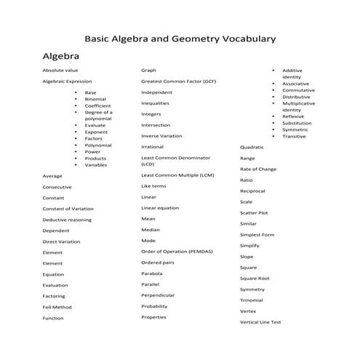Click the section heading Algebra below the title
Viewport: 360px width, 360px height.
click(x=61, y=55)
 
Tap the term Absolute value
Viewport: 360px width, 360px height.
click(x=60, y=71)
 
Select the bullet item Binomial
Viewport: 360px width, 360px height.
click(x=95, y=99)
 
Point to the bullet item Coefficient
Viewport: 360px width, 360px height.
click(x=98, y=105)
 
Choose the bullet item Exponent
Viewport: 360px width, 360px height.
click(x=96, y=132)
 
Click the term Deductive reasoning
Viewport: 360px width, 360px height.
click(x=67, y=220)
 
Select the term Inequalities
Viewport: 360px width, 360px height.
click(x=156, y=103)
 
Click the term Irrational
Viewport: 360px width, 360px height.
click(x=153, y=147)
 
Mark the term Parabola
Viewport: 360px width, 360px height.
click(x=152, y=273)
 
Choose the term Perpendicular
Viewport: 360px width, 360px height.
click(x=158, y=295)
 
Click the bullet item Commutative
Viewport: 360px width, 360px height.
click(x=298, y=90)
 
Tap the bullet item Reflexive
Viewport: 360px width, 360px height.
click(x=295, y=116)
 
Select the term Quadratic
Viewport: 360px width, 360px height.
click(x=252, y=147)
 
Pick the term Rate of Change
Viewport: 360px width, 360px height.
click(x=258, y=169)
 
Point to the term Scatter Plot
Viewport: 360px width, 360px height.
click(x=254, y=213)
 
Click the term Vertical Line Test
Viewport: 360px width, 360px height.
click(x=260, y=322)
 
